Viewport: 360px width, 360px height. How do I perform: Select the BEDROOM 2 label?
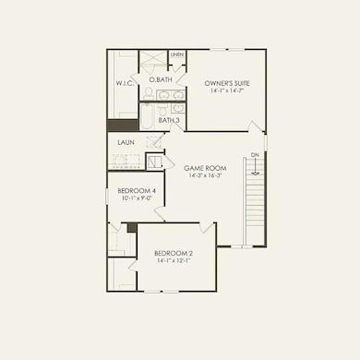tap(173, 253)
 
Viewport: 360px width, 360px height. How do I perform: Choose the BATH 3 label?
tap(169, 120)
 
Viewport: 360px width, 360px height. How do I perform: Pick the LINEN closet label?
tap(176, 55)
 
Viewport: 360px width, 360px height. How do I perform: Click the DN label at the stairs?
tap(254, 154)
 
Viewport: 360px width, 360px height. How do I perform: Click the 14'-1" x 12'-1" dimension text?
tap(173, 261)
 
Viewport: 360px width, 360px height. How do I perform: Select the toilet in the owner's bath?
tap(150, 94)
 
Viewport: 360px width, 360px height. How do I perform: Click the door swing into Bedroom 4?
tap(160, 214)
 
